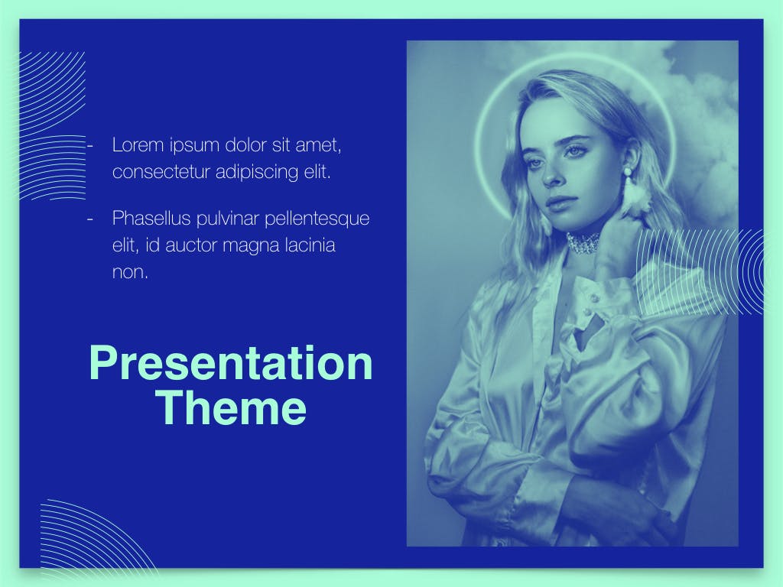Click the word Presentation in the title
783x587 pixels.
coord(231,363)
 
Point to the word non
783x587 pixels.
coord(130,273)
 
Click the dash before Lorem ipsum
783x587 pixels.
coord(90,146)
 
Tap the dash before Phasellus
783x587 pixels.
coord(90,219)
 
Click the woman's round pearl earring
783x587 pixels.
coord(627,172)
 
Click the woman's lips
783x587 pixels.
coord(557,202)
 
